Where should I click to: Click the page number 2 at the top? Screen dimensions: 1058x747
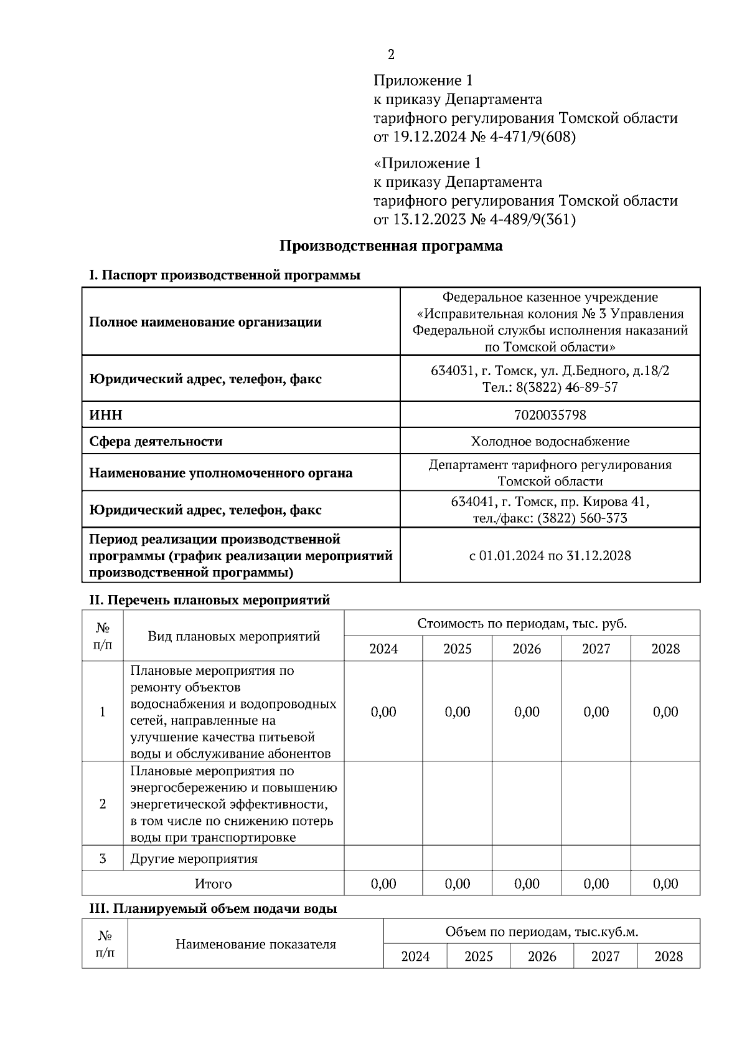coord(391,55)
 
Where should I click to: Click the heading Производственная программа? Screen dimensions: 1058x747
coord(390,246)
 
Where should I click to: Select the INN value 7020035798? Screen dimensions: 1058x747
coord(550,415)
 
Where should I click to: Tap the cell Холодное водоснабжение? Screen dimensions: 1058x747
coord(550,442)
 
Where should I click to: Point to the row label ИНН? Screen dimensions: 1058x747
coord(106,415)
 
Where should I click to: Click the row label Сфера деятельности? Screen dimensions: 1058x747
coord(156,442)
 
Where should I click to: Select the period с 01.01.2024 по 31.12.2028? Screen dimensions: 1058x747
coord(550,556)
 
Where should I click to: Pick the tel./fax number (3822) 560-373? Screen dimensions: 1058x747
coord(582,518)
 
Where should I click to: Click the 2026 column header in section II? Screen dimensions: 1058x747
coord(527,649)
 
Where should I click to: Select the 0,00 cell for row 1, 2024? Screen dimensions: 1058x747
coord(383,712)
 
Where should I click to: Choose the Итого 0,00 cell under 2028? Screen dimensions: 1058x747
coord(665,884)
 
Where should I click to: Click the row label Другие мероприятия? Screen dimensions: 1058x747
coord(194,859)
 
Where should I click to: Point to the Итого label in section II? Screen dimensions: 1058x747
coord(213,884)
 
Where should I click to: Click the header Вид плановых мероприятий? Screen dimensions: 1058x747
coord(233,637)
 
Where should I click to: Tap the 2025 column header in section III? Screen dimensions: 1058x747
coord(478,957)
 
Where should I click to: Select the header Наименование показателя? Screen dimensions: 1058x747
coord(255,945)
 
